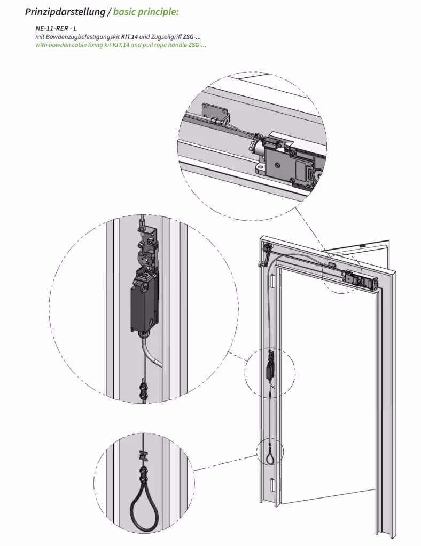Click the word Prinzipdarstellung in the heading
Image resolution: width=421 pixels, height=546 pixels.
[x=65, y=12]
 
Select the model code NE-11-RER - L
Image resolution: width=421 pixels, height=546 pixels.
[x=56, y=29]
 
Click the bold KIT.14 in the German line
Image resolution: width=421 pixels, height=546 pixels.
[x=129, y=37]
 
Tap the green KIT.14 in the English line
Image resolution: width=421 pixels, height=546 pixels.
[x=121, y=45]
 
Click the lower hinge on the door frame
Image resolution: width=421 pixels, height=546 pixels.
[x=273, y=485]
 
